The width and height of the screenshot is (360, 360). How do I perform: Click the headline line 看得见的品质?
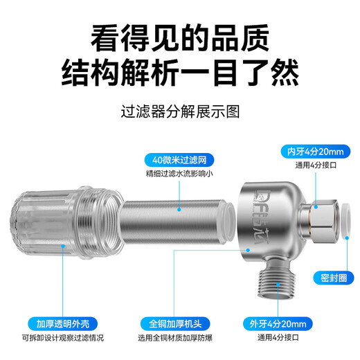pos(180,36)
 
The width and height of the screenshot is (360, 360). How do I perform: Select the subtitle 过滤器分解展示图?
pos(179,111)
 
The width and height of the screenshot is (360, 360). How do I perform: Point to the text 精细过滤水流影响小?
pos(179,173)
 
